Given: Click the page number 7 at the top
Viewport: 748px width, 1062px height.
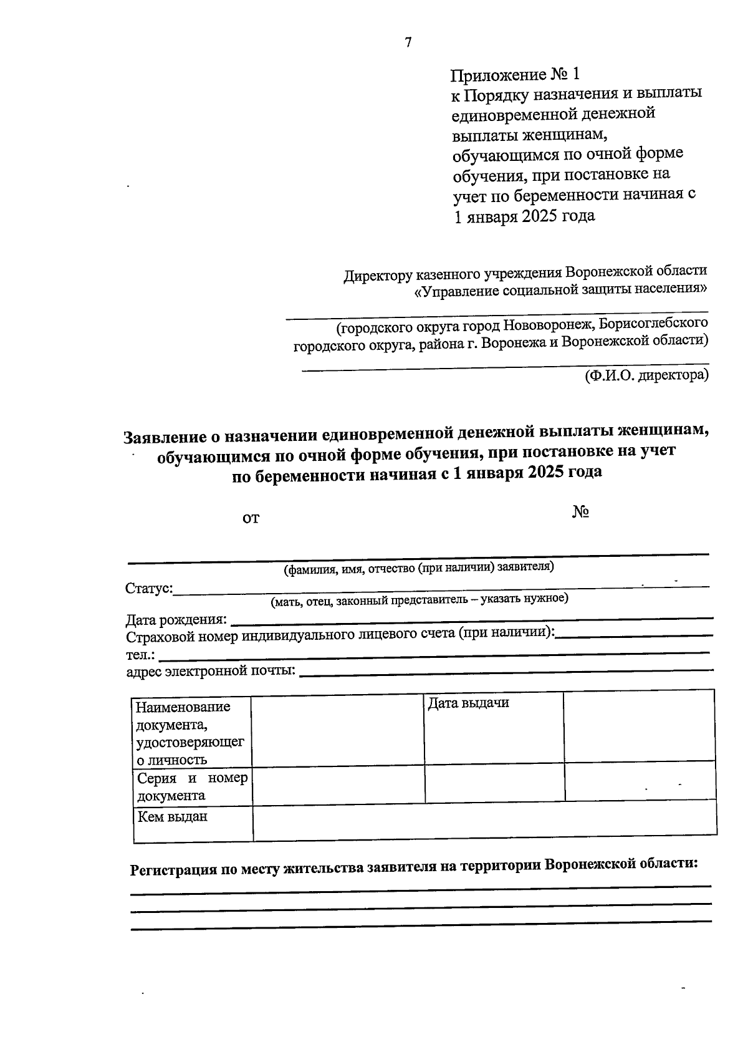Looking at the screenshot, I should click(408, 42).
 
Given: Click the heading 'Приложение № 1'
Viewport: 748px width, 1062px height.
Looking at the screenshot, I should click(515, 75).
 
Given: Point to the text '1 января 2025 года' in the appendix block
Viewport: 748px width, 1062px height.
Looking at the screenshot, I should click(524, 216).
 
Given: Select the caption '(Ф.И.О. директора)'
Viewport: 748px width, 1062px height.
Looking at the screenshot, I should click(646, 375).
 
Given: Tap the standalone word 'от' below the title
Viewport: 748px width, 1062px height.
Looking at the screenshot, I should click(251, 518).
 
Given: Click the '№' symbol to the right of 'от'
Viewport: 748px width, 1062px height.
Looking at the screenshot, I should click(580, 512).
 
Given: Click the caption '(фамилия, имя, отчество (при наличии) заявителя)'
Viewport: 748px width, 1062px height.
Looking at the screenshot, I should click(418, 567).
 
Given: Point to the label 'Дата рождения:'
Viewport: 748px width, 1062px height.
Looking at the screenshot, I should click(176, 620).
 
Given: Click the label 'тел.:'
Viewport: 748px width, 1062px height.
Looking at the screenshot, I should click(141, 655).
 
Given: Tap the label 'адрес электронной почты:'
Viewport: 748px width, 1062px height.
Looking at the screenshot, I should click(211, 671).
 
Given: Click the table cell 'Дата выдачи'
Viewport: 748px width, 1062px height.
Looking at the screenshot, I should click(468, 703).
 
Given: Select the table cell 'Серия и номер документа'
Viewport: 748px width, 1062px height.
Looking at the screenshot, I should click(192, 786).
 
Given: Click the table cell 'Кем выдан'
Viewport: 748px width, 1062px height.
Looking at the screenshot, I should click(173, 817).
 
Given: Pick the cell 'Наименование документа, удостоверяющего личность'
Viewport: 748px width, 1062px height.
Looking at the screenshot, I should click(190, 733).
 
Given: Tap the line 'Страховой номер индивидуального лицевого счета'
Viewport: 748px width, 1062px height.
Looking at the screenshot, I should click(340, 636).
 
